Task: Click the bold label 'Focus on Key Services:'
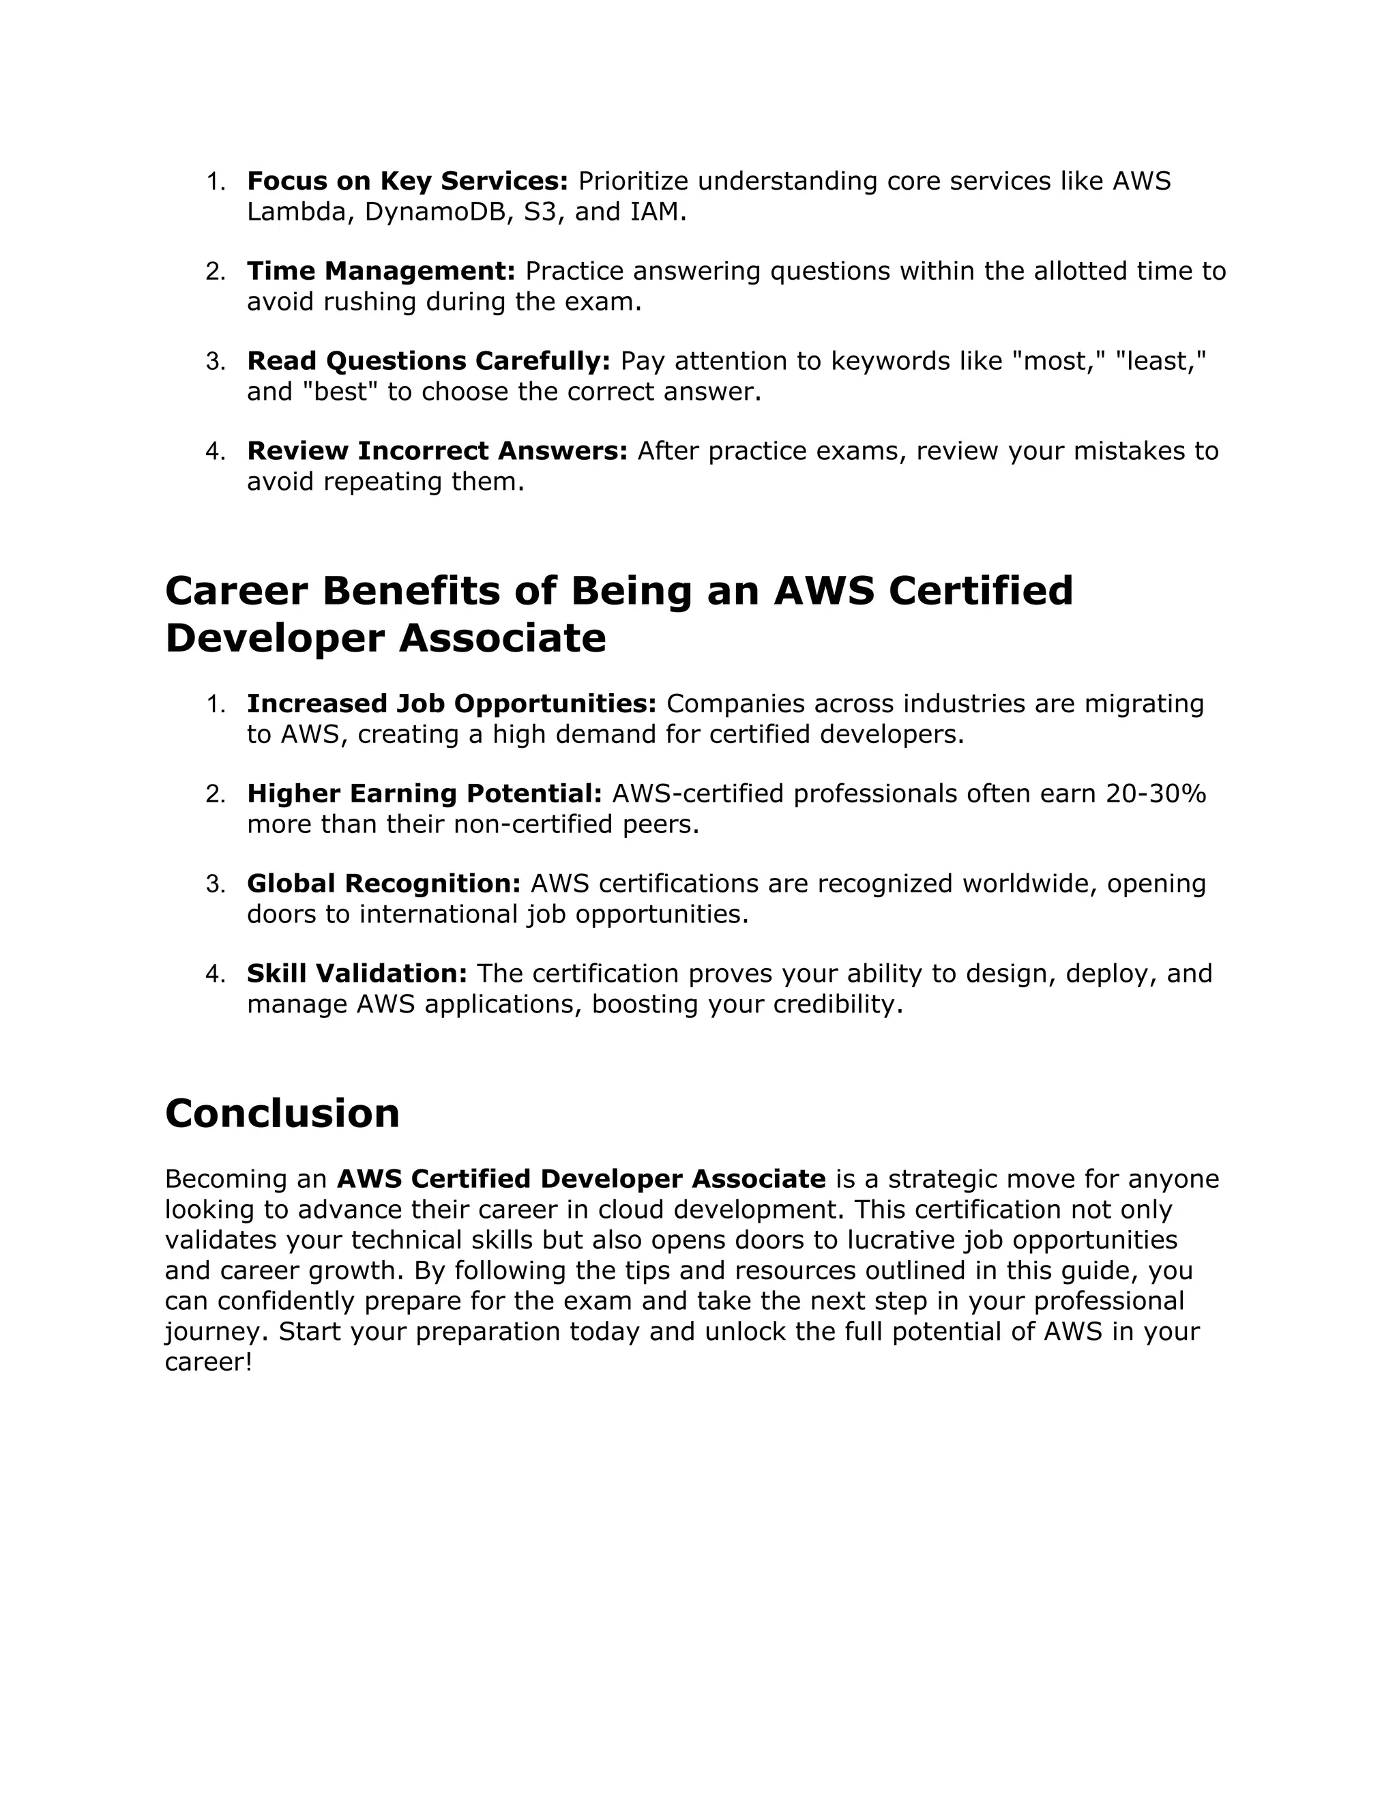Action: pos(407,181)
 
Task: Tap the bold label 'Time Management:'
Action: pos(381,271)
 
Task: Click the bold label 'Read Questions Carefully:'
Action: pos(428,361)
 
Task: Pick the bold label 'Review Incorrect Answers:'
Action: pos(437,451)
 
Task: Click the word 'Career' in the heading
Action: pos(236,591)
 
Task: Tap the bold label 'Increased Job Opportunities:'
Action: pos(451,703)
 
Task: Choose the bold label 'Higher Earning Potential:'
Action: pos(424,794)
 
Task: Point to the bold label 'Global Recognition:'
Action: pos(383,884)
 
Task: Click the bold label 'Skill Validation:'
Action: pos(357,974)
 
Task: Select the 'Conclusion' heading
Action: pos(282,1113)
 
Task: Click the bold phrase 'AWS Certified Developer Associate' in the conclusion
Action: pos(581,1179)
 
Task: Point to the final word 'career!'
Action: pos(208,1362)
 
